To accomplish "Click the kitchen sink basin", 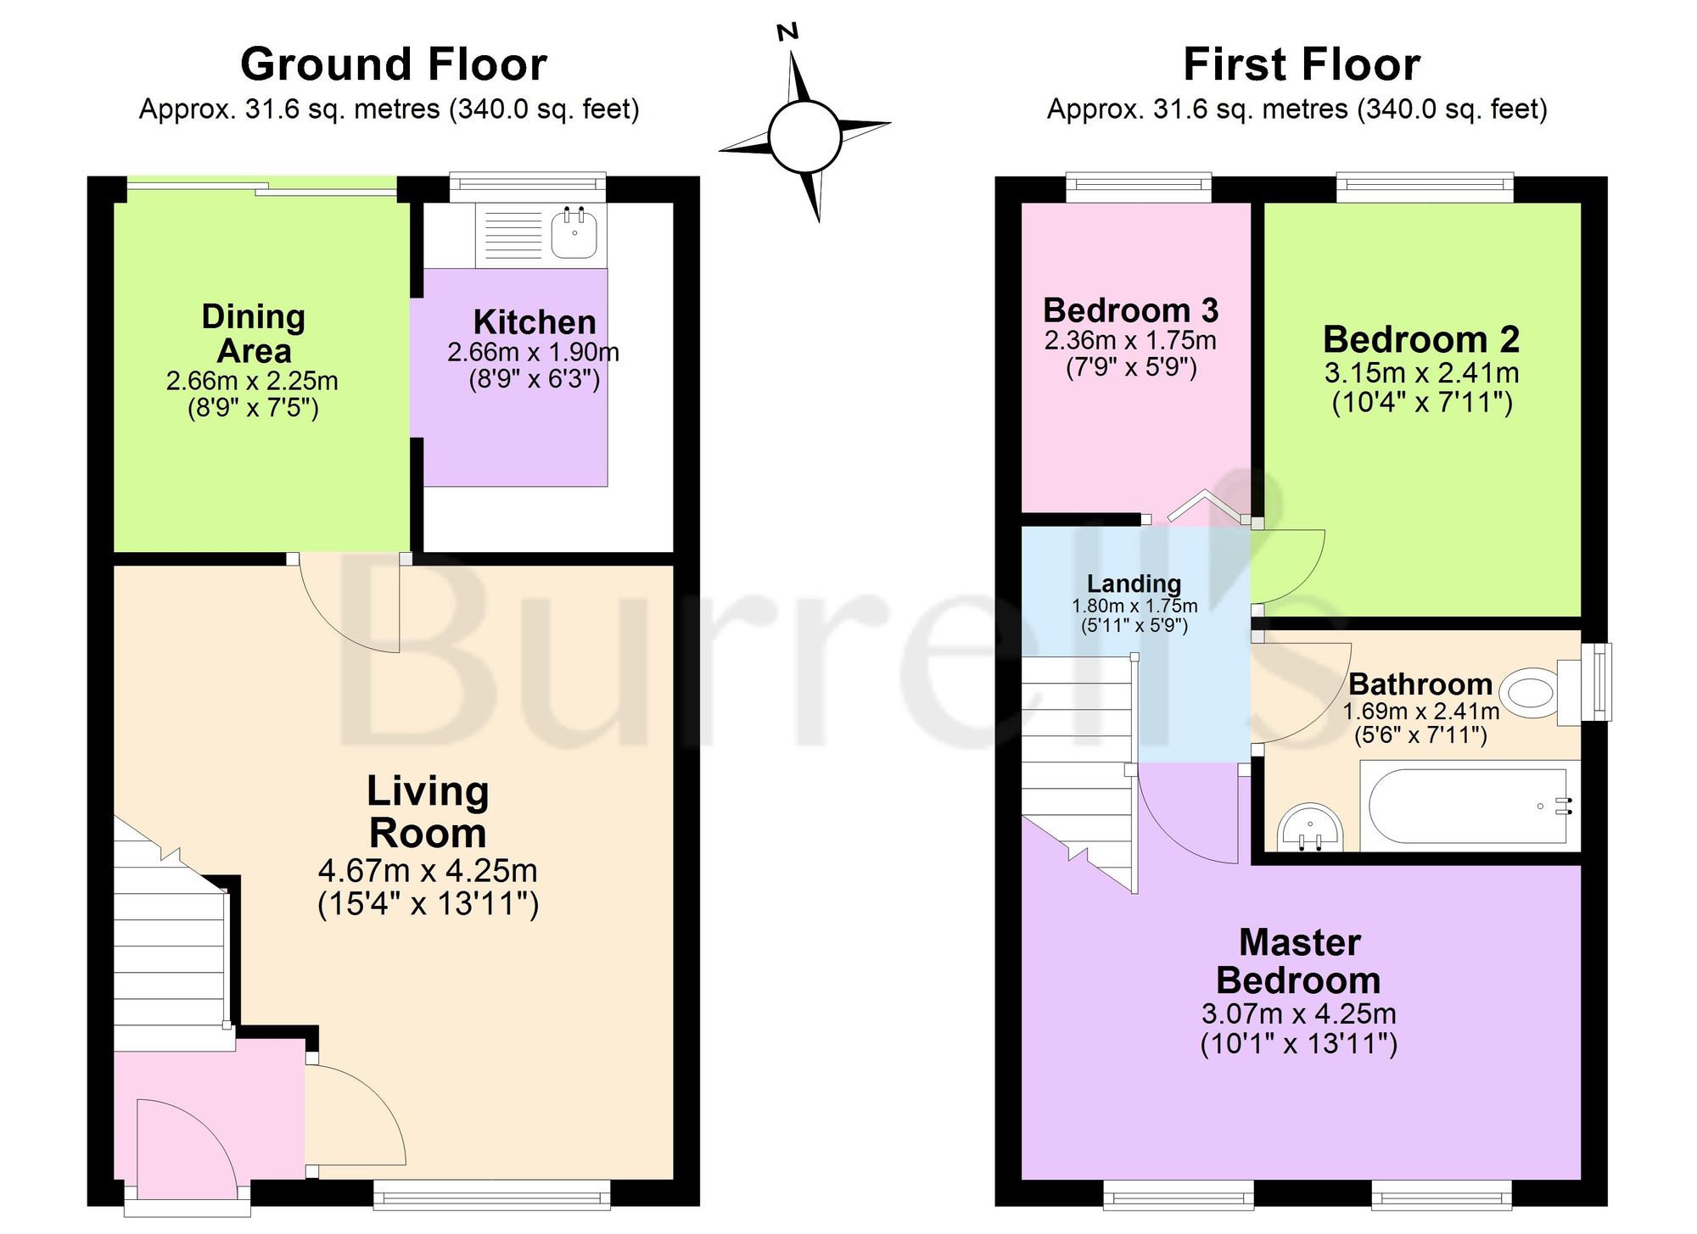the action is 574,235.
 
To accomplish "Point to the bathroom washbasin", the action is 1311,828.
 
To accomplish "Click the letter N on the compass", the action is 788,32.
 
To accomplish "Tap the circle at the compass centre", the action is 804,136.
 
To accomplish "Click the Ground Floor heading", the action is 394,64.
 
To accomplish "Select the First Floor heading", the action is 1302,64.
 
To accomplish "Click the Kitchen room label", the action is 535,322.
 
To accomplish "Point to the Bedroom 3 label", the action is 1130,310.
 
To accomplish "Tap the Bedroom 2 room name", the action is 1421,339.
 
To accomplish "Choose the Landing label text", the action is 1134,583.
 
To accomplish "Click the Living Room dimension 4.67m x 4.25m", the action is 428,871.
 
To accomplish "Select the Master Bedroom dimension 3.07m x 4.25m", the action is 1298,1013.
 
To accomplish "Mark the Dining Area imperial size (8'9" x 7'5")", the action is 253,409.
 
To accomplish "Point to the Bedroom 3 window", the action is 1139,187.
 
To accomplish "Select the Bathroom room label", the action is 1420,684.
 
